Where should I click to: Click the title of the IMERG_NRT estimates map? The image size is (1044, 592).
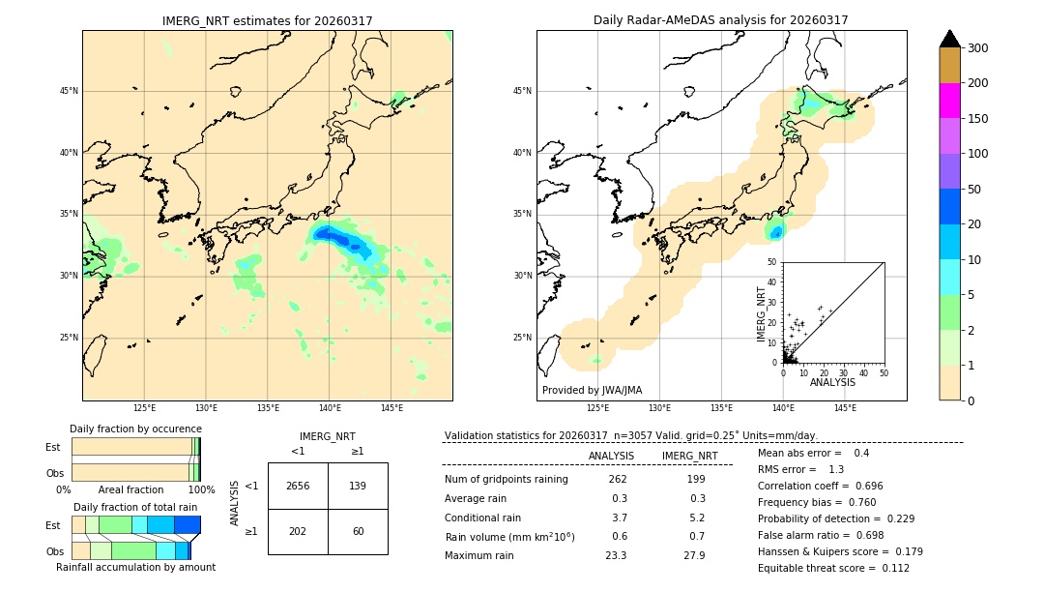tap(267, 20)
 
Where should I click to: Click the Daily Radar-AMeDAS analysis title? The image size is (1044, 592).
tap(721, 20)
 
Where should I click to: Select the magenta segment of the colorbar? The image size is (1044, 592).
tap(949, 101)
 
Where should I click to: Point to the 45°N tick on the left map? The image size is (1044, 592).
tap(69, 91)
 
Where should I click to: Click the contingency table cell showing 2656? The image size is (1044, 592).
tap(298, 486)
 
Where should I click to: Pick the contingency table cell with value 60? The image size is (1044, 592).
tap(358, 531)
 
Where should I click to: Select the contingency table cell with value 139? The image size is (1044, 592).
tap(358, 486)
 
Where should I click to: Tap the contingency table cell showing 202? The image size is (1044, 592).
tap(298, 531)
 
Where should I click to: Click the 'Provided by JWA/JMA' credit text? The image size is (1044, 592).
tap(592, 391)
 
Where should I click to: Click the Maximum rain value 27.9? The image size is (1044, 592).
tap(694, 555)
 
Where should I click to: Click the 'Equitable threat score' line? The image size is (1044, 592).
tap(833, 568)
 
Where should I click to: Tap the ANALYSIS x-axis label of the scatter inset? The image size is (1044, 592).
tap(832, 382)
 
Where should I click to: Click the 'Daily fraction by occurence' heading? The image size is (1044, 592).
tap(135, 429)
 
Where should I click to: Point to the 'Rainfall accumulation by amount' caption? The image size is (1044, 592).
tap(135, 567)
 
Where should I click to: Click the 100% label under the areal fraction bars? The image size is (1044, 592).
tap(201, 489)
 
